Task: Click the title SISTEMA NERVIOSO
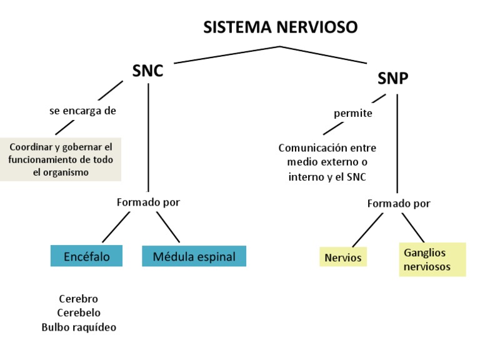coord(281,27)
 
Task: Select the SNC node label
coord(147,71)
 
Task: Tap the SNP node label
coord(393,78)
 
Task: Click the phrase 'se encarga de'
coord(82,111)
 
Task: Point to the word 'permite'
coord(353,113)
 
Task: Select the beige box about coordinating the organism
coord(61,159)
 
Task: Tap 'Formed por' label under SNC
coord(148,202)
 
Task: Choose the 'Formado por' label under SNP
coord(399,203)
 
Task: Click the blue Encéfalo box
coord(86,256)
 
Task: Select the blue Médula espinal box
coord(194,256)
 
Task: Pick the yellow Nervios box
coord(343,257)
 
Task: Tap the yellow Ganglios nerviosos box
coord(432,259)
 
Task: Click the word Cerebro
coord(79,299)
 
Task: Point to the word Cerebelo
coord(79,312)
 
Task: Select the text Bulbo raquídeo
coord(79,327)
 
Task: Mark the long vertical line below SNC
coord(148,137)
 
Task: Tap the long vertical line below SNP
coord(397,144)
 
